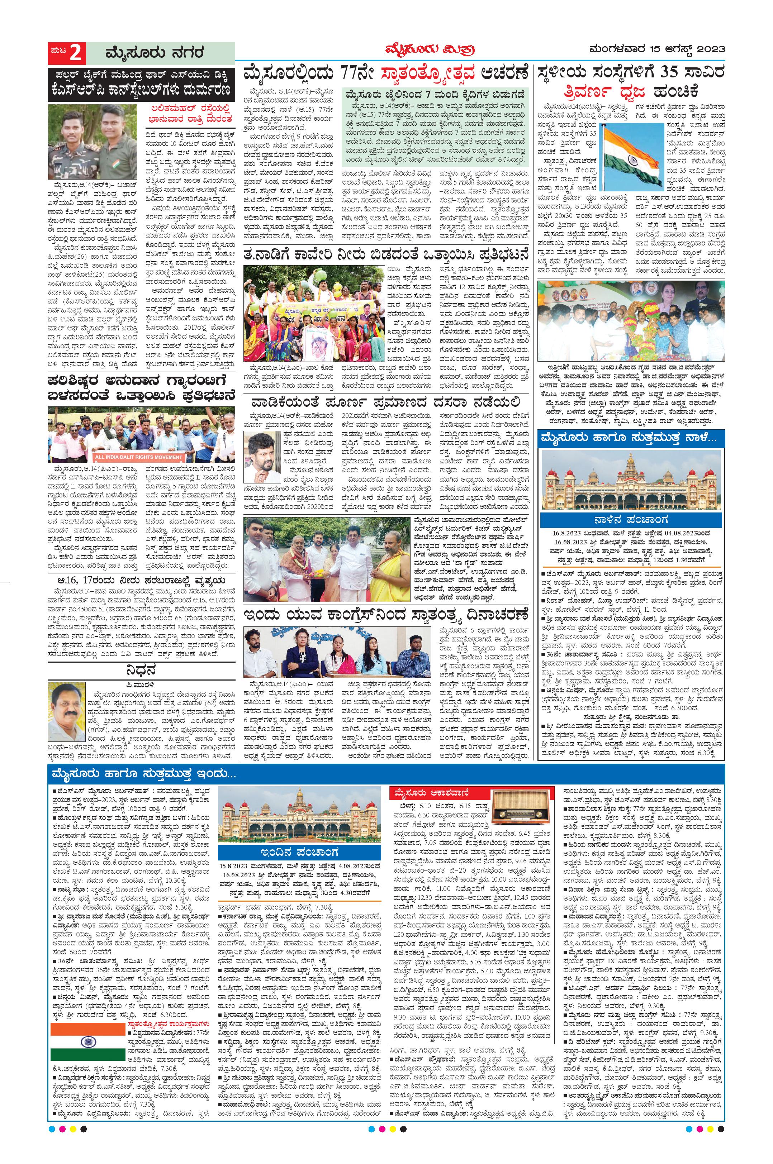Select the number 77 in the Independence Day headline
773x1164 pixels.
353,73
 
